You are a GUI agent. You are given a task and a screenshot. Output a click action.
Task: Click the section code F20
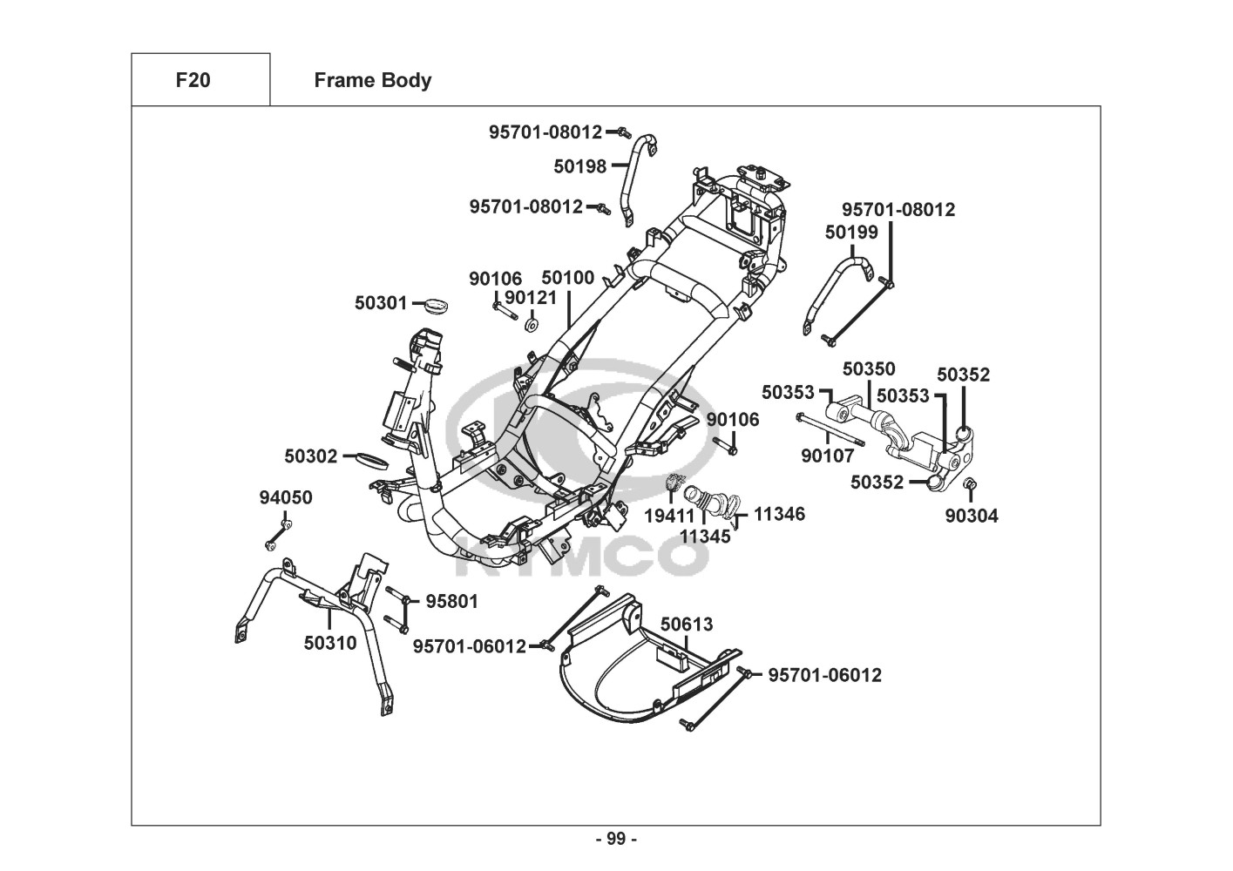tap(193, 80)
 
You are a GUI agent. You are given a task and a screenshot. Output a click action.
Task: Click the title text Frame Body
tap(372, 80)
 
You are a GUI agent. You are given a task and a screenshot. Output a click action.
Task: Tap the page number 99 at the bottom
tap(616, 839)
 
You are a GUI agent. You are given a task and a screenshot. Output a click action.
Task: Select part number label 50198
tap(579, 165)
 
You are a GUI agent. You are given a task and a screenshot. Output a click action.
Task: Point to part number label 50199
tap(851, 232)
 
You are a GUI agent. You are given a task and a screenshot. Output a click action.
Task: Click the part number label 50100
tap(567, 278)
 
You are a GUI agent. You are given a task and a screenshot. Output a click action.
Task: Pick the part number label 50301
tap(381, 303)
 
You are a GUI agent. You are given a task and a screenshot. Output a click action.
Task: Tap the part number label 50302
tap(310, 456)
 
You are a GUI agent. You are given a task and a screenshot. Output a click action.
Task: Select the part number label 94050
tap(285, 497)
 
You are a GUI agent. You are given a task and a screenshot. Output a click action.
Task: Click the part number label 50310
tap(329, 643)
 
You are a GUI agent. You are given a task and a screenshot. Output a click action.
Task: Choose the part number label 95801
tap(451, 601)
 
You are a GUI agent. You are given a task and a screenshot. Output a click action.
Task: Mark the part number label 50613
tap(686, 625)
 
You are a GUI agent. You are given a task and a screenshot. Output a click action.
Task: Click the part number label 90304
tap(972, 516)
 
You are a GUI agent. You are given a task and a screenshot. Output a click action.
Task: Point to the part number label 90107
tap(827, 456)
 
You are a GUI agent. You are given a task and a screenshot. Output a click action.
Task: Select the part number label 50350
tap(869, 369)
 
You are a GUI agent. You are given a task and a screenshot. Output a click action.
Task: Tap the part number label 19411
tap(669, 516)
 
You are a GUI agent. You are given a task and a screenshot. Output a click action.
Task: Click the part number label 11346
tap(779, 514)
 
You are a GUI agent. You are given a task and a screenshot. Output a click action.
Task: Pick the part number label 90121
tap(530, 298)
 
